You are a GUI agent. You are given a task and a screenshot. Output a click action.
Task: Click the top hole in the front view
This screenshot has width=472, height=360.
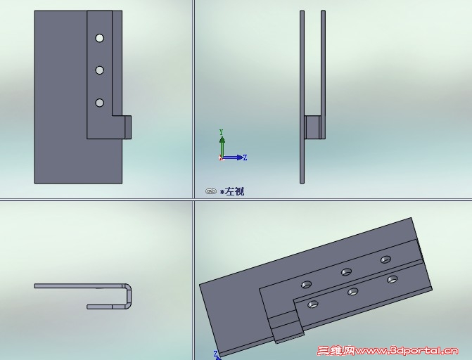click(100, 38)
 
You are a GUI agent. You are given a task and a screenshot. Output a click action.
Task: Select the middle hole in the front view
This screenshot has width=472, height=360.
click(100, 70)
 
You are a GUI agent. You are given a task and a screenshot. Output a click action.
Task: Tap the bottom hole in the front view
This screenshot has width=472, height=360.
click(100, 103)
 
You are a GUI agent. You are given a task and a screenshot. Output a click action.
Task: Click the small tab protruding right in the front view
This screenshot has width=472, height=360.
click(128, 127)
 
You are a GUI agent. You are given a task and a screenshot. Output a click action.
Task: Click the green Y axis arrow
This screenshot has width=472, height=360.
click(222, 146)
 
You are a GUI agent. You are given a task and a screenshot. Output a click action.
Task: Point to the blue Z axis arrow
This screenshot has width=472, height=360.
click(232, 157)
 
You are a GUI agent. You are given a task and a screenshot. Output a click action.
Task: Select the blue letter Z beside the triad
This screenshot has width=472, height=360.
click(245, 157)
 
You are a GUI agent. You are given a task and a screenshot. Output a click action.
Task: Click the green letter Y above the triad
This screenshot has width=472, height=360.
click(222, 132)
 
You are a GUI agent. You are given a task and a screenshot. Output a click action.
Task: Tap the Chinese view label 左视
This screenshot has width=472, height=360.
click(234, 191)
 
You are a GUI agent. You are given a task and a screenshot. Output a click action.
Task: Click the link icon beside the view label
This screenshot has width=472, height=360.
click(211, 191)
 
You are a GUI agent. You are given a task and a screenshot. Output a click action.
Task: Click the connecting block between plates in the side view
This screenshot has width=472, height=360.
click(312, 127)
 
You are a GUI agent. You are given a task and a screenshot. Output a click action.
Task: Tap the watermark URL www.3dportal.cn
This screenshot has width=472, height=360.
click(407, 351)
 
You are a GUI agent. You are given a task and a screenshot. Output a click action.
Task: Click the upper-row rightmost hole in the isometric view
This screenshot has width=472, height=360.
click(385, 259)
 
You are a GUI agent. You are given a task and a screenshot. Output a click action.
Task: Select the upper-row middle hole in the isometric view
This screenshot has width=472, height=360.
click(346, 272)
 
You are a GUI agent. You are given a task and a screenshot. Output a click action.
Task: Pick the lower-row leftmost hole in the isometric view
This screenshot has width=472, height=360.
click(313, 304)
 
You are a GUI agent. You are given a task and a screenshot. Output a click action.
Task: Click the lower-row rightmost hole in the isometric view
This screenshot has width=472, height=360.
click(392, 279)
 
